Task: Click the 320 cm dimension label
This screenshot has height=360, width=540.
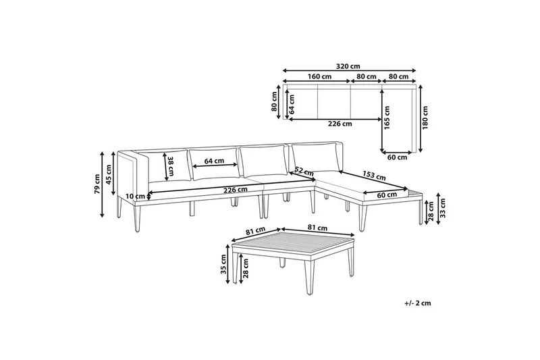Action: coord(350,66)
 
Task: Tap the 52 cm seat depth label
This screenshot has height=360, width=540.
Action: coord(303,171)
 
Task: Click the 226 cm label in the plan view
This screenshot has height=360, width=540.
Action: coord(340,124)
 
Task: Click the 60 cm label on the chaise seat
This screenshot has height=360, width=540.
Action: coord(387,195)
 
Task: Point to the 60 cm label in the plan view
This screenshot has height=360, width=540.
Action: coord(398,157)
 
